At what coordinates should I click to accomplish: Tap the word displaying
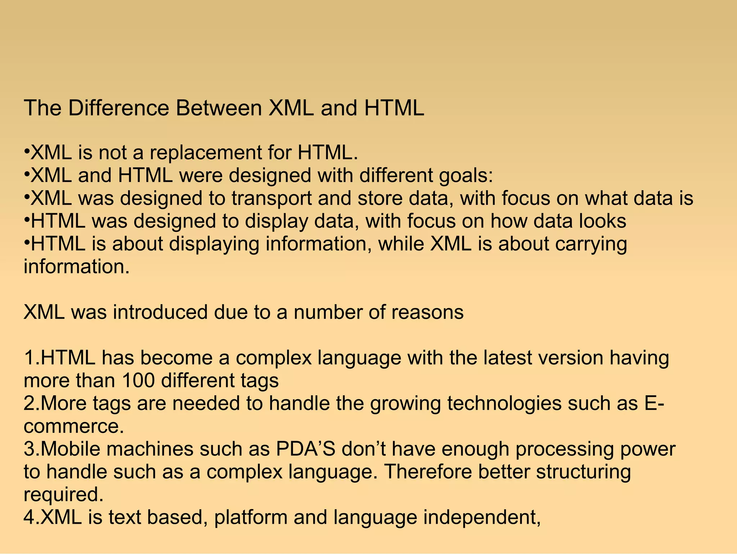click(214, 244)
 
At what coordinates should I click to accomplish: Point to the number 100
click(138, 380)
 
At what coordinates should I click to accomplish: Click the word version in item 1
click(570, 358)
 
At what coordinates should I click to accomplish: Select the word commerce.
click(74, 426)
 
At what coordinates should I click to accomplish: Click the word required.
click(63, 495)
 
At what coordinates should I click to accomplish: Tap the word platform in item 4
click(250, 517)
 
